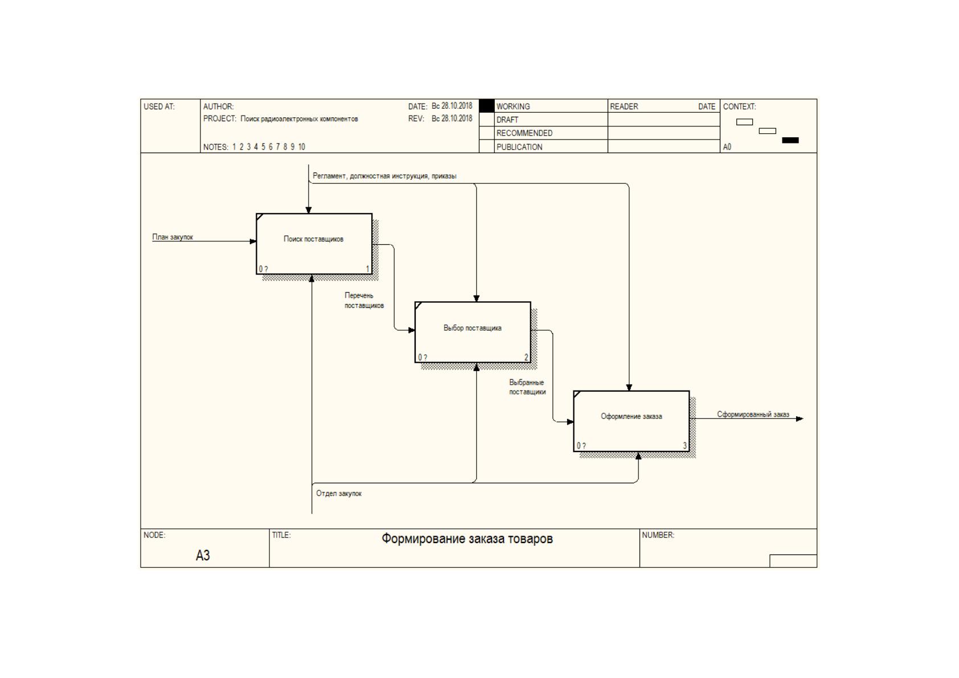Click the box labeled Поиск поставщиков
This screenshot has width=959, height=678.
tap(314, 244)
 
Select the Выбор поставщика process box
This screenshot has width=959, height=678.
tap(473, 332)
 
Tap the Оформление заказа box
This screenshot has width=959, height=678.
tap(632, 421)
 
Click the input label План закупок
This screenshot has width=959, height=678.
tap(173, 237)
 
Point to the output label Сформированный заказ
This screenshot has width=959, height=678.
tap(753, 414)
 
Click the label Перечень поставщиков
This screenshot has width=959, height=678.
tap(364, 301)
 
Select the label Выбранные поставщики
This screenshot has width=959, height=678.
tap(527, 387)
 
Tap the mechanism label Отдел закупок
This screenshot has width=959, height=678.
tap(339, 494)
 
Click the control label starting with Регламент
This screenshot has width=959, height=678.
tap(384, 176)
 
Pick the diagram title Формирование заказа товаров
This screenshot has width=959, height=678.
tap(467, 539)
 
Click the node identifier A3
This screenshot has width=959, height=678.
tap(203, 555)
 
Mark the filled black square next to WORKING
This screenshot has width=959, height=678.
tap(486, 106)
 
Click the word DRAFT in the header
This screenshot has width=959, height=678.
tap(507, 120)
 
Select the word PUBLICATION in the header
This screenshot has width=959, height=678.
tap(519, 147)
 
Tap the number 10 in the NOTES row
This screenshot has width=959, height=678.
tap(301, 147)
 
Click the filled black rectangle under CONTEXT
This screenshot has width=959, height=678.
tap(790, 140)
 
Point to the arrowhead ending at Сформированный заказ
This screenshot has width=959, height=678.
tap(800, 419)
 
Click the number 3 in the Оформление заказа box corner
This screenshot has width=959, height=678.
tap(685, 446)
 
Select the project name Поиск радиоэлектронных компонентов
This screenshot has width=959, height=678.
tap(299, 119)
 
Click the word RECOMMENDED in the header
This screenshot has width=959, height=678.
tap(524, 133)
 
